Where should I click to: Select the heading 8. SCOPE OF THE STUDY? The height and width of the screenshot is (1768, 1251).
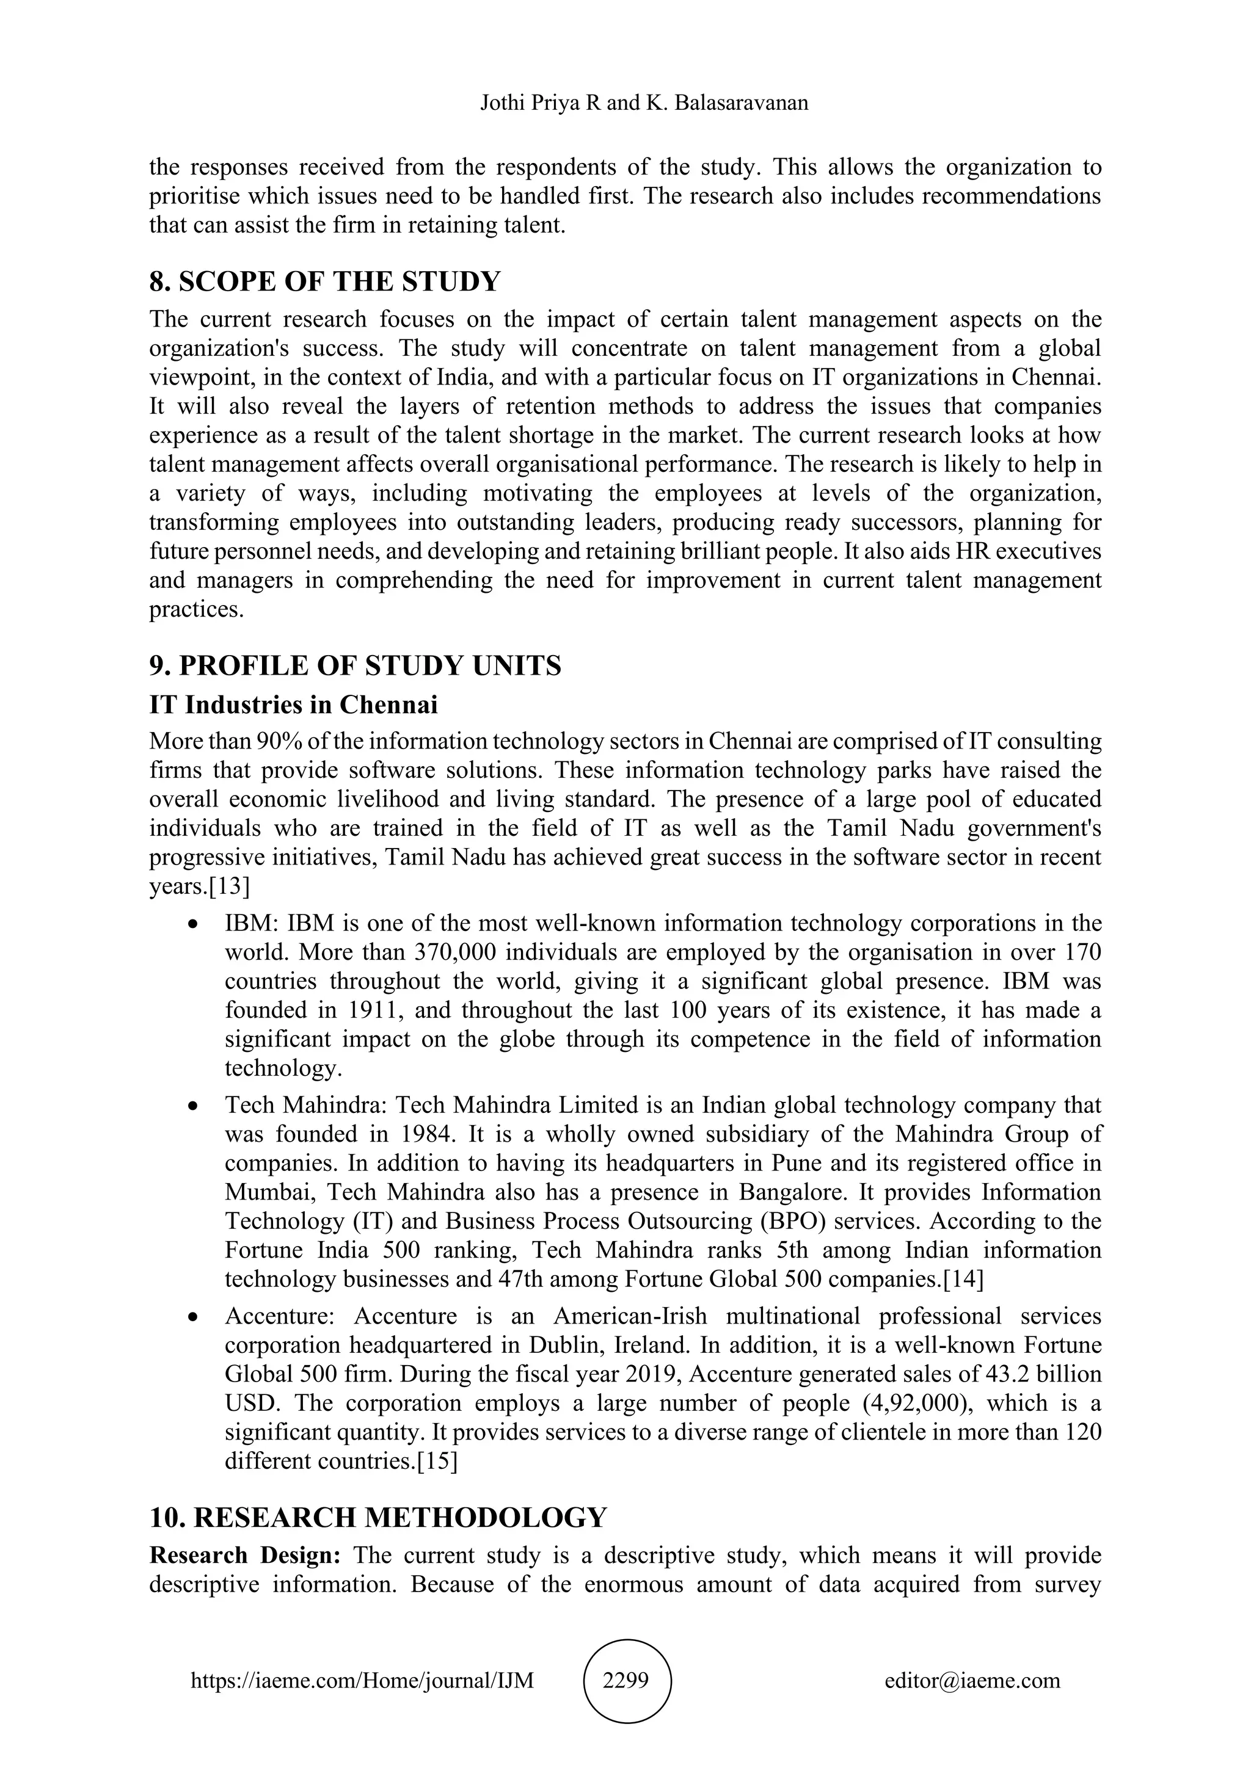[324, 282]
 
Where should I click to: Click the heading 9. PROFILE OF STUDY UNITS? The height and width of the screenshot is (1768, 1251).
[355, 665]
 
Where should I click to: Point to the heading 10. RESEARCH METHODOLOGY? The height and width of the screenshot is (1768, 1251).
[377, 1517]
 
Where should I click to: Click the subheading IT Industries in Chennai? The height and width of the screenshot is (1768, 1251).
[293, 705]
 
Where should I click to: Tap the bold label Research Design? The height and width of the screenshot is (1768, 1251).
[245, 1555]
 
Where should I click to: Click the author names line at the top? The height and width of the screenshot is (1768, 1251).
[644, 103]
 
